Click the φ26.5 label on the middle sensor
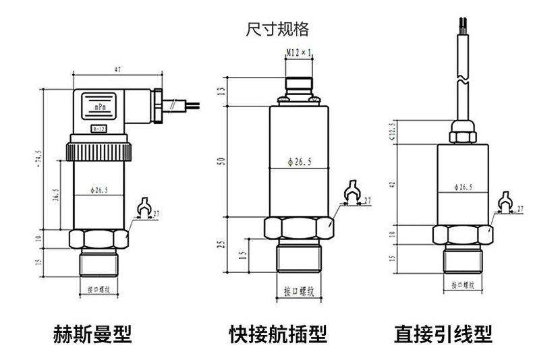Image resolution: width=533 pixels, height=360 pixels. pos(299,162)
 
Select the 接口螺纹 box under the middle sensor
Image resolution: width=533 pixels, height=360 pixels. pos(300,291)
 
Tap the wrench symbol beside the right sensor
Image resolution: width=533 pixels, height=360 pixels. pos(503,203)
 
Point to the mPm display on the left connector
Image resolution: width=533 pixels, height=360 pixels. pos(99,107)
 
